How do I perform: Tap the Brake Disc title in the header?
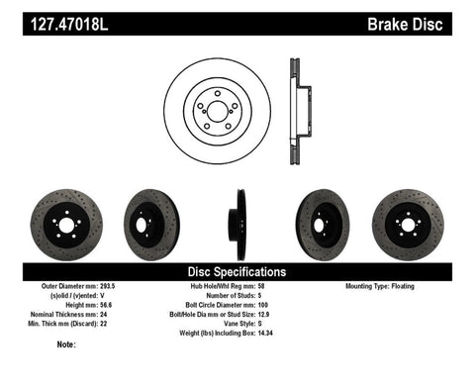[425, 16]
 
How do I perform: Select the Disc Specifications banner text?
[237, 271]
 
